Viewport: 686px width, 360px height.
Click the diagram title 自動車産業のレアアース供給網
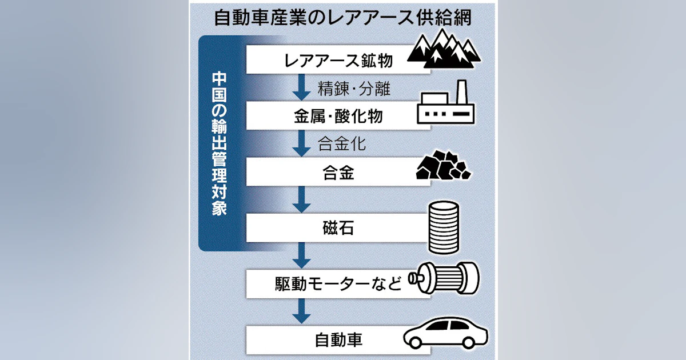coord(342,18)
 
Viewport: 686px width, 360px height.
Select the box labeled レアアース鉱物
coord(338,59)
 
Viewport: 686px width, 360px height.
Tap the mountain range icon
coord(444,49)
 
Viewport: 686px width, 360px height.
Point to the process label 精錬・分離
coord(354,89)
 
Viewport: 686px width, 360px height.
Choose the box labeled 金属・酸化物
coord(338,116)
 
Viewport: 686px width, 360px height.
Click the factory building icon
coord(445,102)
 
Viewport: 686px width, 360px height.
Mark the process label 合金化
coord(342,143)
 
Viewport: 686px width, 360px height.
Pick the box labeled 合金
coord(338,172)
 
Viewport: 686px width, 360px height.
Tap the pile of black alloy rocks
coord(444,165)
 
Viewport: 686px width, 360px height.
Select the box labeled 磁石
coord(338,228)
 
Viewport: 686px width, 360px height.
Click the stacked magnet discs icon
coord(444,227)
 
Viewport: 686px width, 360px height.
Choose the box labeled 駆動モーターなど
coord(338,284)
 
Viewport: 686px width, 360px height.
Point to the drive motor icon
coord(444,278)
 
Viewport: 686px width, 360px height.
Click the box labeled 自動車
coord(338,340)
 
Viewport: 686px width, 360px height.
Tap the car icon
coord(445,333)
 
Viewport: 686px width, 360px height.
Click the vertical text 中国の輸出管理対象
coord(220,143)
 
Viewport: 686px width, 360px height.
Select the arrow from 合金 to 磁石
coord(302,199)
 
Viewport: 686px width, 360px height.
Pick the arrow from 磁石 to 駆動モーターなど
coord(302,255)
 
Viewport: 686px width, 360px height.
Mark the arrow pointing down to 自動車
coord(302,311)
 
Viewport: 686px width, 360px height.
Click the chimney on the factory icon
coord(461,93)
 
